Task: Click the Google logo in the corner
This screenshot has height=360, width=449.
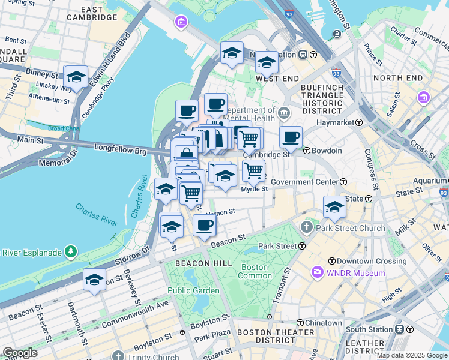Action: coord(19,353)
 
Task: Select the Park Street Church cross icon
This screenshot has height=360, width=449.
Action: coord(307,227)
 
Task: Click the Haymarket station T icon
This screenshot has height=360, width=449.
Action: coord(359,122)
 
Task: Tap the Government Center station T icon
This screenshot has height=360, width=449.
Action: coord(343,182)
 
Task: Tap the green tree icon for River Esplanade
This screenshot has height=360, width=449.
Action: coord(71,250)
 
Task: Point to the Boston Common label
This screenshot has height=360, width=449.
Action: coord(255,271)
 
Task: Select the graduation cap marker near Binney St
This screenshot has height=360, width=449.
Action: coord(76,77)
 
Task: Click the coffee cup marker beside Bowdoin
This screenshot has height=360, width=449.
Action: coord(291,137)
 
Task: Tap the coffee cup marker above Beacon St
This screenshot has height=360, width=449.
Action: coord(204,225)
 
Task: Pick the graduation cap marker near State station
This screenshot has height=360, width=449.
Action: coord(334,207)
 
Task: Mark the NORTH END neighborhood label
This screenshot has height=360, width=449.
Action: coord(398,78)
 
